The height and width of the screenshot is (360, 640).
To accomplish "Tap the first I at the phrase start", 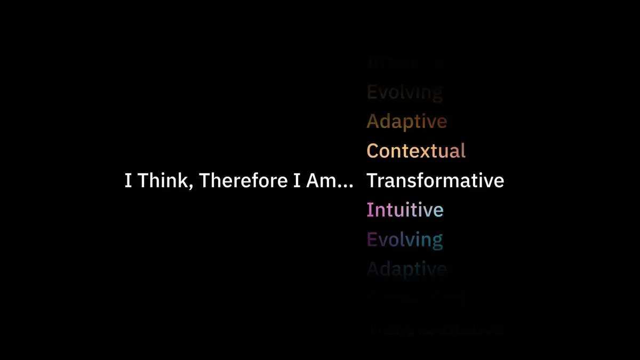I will pos(128,181).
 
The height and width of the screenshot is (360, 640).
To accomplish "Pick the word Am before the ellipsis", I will pos(319,181).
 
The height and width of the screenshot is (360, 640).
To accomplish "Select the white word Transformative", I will pos(435,181).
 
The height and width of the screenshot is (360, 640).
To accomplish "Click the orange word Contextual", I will pos(416,151).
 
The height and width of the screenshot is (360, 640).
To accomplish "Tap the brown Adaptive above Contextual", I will pos(406,122).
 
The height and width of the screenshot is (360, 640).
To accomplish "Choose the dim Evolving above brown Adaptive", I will pos(404,92).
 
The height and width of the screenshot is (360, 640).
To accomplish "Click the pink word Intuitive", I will pos(405,210).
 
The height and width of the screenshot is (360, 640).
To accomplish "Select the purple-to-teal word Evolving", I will pos(404,239).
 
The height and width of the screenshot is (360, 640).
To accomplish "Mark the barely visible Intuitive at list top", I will pos(405,63).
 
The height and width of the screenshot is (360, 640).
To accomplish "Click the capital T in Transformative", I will pos(372,181).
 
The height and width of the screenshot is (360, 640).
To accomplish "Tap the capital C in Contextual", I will pos(373,151).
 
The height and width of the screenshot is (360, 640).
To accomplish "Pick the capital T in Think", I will pos(143,181).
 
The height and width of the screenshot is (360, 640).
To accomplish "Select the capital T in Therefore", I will pos(204,181).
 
